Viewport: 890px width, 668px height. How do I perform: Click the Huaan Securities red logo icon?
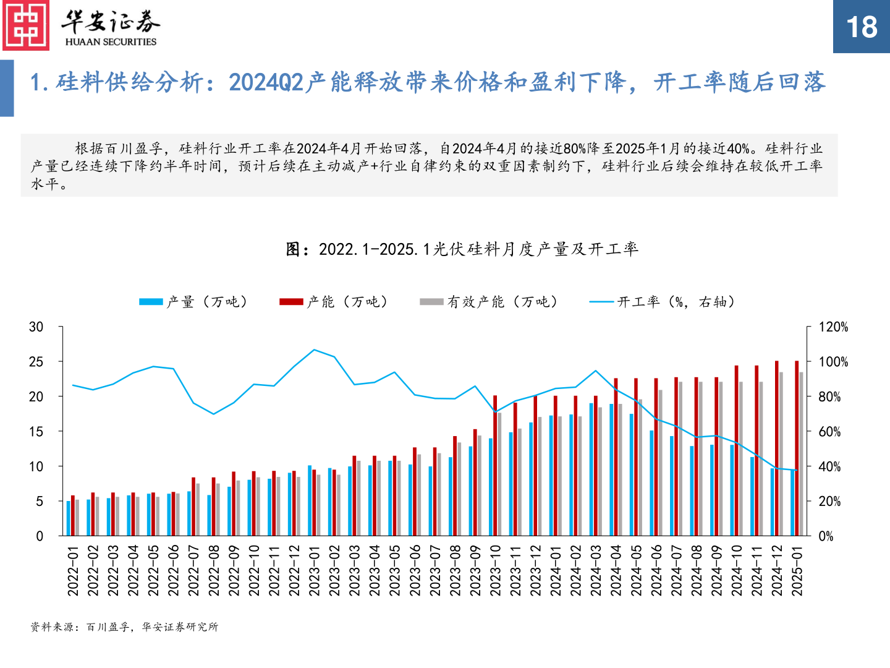point(26,25)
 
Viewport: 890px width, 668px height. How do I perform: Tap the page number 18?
point(861,27)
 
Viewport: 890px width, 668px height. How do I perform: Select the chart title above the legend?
point(462,249)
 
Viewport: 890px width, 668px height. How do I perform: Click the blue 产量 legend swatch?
point(151,302)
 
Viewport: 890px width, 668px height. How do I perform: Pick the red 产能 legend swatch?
point(291,302)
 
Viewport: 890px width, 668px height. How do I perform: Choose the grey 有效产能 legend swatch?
point(431,302)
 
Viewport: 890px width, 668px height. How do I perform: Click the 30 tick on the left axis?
point(36,327)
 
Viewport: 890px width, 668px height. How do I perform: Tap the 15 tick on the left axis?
point(36,432)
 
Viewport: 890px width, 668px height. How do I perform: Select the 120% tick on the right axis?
point(833,327)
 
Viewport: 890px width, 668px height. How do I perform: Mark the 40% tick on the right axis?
point(829,467)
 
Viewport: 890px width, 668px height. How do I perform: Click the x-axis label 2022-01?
point(73,570)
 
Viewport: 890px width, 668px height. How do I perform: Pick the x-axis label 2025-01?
point(797,570)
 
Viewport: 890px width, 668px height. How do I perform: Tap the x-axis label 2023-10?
point(495,570)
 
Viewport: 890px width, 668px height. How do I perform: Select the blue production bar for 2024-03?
point(591,469)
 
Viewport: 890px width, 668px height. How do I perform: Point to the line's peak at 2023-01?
point(314,349)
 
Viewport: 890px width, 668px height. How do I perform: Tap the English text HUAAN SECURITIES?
point(111,42)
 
